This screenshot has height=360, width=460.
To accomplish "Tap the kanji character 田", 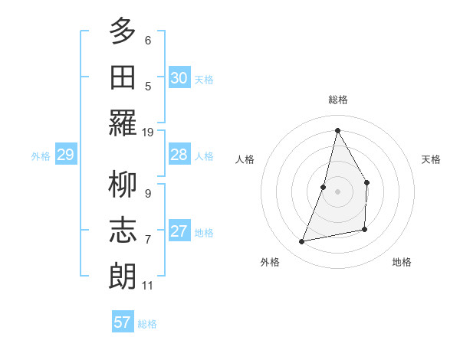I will point(123,78).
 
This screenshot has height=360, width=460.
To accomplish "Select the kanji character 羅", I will point(123,123).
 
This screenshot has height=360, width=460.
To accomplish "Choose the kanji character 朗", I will point(123,276).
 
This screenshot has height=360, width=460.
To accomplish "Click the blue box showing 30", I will point(179,78).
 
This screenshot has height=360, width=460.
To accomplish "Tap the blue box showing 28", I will point(179,155).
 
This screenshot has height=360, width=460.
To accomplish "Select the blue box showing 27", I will point(179,231).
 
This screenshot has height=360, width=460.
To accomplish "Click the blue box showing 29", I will point(65,155).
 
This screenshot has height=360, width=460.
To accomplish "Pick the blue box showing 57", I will point(123,322).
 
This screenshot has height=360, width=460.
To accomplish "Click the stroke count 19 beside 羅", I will point(148,133).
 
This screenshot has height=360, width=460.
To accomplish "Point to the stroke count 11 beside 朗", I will point(148,286).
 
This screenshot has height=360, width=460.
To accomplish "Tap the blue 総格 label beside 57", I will point(147,324).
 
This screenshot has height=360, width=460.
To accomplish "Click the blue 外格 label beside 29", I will point(41,156).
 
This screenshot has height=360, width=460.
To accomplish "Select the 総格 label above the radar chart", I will point(337,100).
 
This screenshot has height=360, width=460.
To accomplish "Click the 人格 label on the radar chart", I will point(245,159).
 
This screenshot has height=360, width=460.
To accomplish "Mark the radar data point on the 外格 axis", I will point(302,242).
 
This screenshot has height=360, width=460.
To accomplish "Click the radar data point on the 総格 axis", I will point(337,130).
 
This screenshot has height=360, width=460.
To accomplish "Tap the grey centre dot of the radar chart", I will point(337,191).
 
